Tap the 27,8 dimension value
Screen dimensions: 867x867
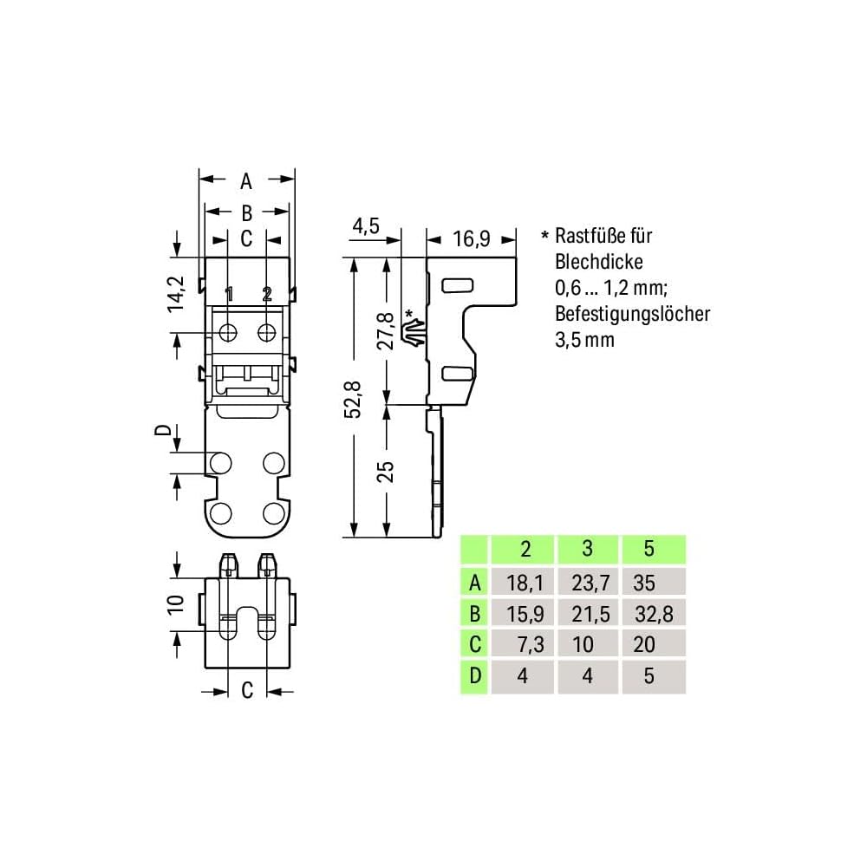[x=386, y=329]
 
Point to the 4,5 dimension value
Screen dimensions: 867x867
[x=366, y=226]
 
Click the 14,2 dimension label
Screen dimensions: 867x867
[x=177, y=294]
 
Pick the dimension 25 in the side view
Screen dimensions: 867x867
[x=386, y=471]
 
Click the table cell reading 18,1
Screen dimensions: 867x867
[x=525, y=582]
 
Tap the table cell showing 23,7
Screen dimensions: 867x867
[x=588, y=582]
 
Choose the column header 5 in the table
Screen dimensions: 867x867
[x=649, y=550]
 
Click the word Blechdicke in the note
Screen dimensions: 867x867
[x=598, y=261]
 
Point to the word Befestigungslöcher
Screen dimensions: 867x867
[x=632, y=313]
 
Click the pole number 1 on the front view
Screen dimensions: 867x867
[x=229, y=294]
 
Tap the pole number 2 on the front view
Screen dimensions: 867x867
[x=267, y=294]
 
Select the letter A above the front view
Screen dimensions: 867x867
[x=246, y=181]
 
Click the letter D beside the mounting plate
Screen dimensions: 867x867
[x=160, y=431]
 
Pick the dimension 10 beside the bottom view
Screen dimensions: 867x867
[x=174, y=603]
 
